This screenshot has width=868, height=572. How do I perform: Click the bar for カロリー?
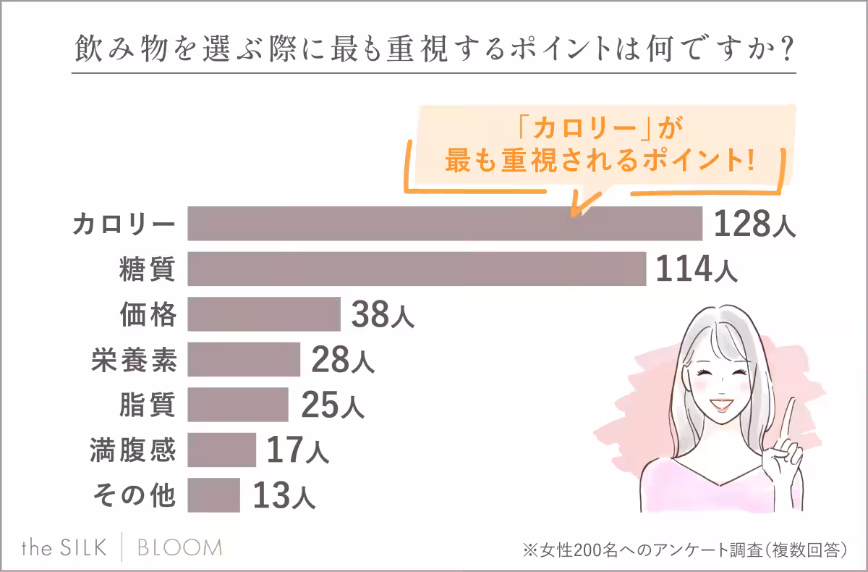pyautogui.click(x=445, y=223)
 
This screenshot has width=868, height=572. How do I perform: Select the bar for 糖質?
pyautogui.click(x=417, y=269)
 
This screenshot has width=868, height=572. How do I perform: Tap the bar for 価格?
pyautogui.click(x=264, y=314)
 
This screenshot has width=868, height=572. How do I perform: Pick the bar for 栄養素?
pyautogui.click(x=244, y=359)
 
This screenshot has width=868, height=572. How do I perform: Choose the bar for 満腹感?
pyautogui.click(x=221, y=450)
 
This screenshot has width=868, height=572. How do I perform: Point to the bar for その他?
pyautogui.click(x=213, y=495)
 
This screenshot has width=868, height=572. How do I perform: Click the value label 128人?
pyautogui.click(x=754, y=224)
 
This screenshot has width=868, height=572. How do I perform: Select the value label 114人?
pyautogui.click(x=696, y=270)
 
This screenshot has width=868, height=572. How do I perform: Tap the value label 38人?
pyautogui.click(x=383, y=316)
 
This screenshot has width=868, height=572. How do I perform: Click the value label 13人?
pyautogui.click(x=283, y=496)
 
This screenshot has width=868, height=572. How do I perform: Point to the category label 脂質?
pyautogui.click(x=147, y=405)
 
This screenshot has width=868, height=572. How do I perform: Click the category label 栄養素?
pyautogui.click(x=134, y=359)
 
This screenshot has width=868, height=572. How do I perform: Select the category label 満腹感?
pyautogui.click(x=134, y=450)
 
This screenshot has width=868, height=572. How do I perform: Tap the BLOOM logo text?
pyautogui.click(x=179, y=547)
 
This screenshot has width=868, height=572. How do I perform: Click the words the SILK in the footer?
pyautogui.click(x=64, y=547)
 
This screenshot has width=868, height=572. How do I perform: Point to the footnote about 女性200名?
pyautogui.click(x=684, y=549)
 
